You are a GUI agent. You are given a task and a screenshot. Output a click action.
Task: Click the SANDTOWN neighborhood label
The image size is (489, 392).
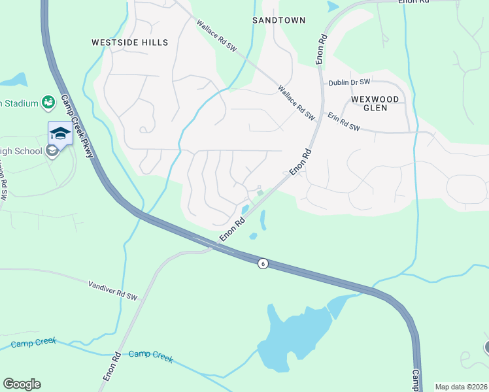pyautogui.click(x=279, y=20)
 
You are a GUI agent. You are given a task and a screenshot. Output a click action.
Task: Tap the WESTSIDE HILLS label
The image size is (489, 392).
pyautogui.click(x=129, y=42)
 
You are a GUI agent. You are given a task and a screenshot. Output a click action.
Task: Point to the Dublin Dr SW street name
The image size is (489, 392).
pyautogui.click(x=349, y=82)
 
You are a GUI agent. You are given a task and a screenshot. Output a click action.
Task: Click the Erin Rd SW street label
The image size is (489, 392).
pyautogui.click(x=344, y=122)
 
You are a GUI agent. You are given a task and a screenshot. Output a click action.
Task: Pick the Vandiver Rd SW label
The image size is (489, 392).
pyautogui.click(x=112, y=291)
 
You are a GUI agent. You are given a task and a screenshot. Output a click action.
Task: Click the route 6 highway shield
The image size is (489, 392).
pyautogui.click(x=262, y=263)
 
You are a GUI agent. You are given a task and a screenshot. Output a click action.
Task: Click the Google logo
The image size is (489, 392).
pyautogui.click(x=22, y=384)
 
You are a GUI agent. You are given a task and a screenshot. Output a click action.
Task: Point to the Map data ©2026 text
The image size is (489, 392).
pyautogui.click(x=461, y=387)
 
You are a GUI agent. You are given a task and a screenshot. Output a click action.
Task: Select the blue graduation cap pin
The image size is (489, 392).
pyautogui.click(x=59, y=133)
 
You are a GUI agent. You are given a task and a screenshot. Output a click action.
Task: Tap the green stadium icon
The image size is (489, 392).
pyautogui.click(x=48, y=102)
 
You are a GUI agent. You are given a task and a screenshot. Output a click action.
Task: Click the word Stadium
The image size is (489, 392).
pyautogui.click(x=20, y=103)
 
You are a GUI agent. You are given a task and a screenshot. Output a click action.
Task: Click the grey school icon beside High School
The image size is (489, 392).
pyautogui.click(x=52, y=152)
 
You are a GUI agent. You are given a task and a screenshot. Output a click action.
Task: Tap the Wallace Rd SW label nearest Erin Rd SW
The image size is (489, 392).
pyautogui.click(x=296, y=102)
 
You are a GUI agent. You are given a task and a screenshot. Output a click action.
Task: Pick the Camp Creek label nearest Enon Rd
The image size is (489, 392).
pyautogui.click(x=150, y=355)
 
